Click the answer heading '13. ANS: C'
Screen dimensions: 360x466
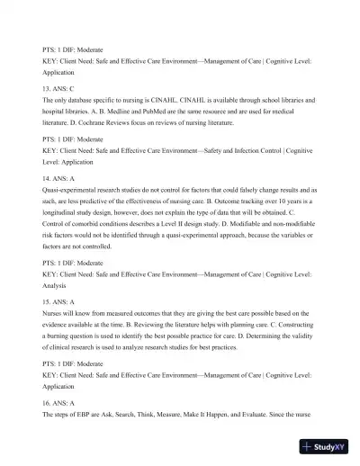tap(58, 88)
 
